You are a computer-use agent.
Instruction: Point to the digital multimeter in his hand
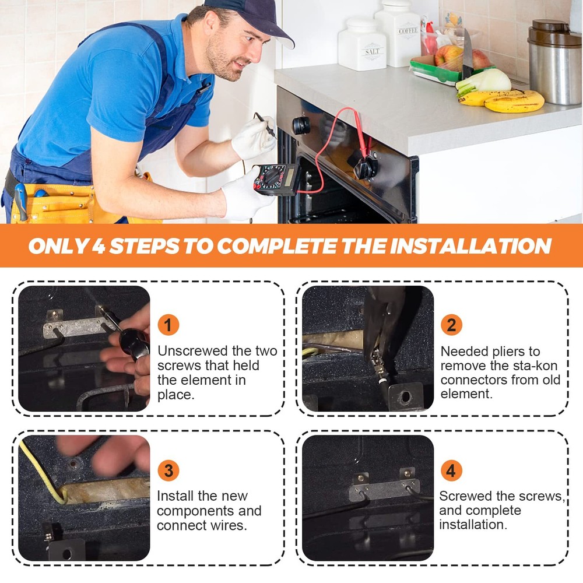click(276, 179)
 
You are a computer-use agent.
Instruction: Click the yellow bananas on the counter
click(502, 100)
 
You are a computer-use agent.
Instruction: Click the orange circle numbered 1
click(168, 325)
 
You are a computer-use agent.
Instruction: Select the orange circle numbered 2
click(451, 325)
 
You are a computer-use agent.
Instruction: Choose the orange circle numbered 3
click(168, 470)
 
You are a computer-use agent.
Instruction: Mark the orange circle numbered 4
click(451, 470)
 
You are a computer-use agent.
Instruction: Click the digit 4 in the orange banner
click(98, 246)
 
